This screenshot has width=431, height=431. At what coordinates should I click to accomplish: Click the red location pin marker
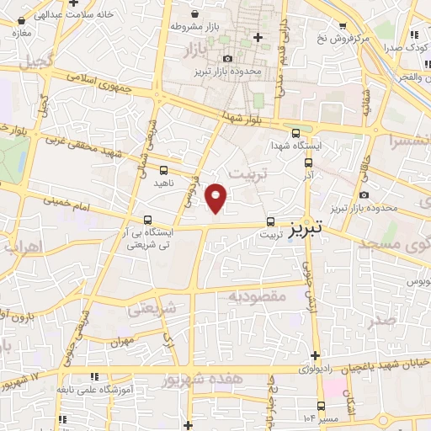coord(216,197)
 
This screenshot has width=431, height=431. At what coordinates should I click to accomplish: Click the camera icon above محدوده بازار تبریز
coord(227,58)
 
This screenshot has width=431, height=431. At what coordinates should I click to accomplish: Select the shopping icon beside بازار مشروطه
coord(196,14)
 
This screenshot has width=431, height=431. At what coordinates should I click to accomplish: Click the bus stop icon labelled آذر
coord(308,162)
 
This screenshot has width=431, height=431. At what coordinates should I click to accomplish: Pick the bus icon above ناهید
coord(163,171)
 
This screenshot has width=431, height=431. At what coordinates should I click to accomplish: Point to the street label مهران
coord(123,342)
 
